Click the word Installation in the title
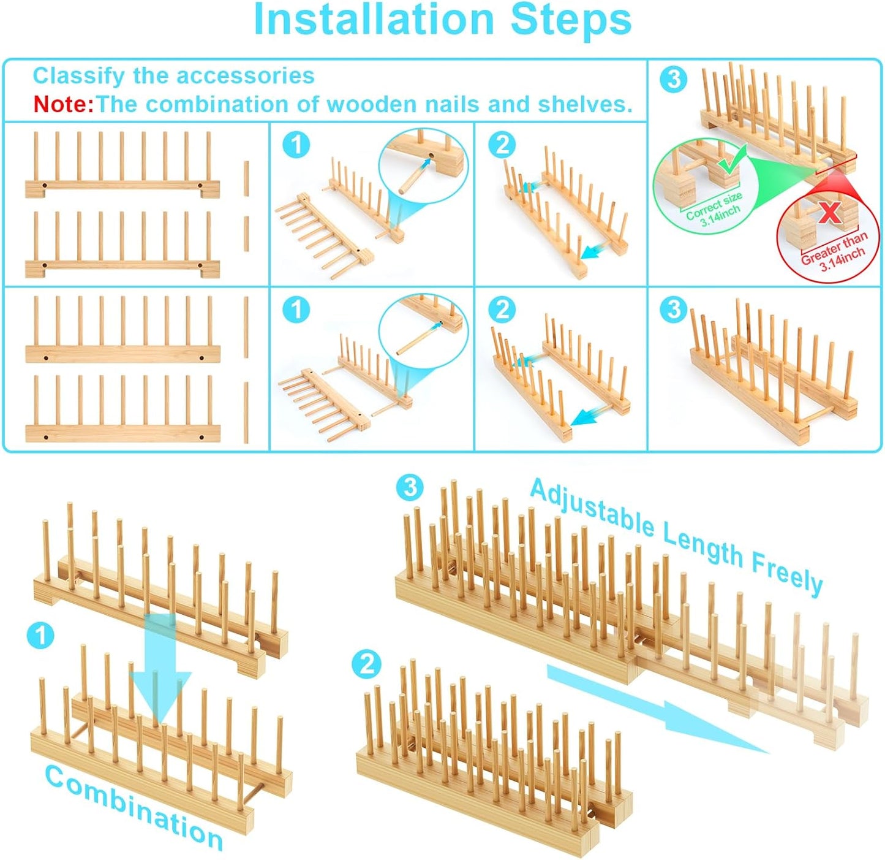pyautogui.click(x=373, y=20)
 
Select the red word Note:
pyautogui.click(x=63, y=104)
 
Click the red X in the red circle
pyautogui.click(x=829, y=213)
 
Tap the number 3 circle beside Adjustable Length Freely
pyautogui.click(x=410, y=487)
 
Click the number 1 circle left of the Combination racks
pyautogui.click(x=40, y=636)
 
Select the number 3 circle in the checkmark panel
pyautogui.click(x=673, y=79)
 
